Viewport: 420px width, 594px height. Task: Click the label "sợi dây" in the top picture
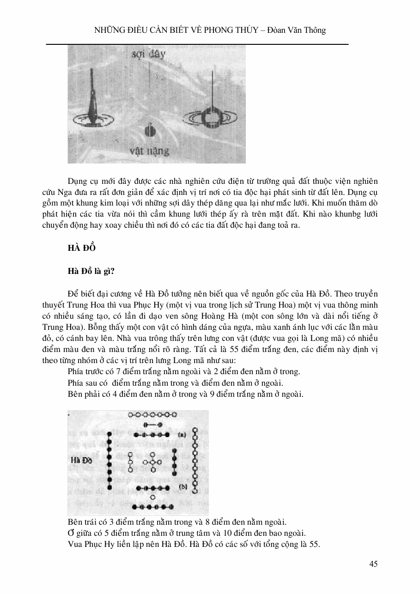pyautogui.click(x=149, y=54)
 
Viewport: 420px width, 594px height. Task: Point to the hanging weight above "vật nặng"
pyautogui.click(x=148, y=131)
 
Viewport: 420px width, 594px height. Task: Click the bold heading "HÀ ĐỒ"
pyautogui.click(x=82, y=248)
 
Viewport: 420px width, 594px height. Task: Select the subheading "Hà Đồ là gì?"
pyautogui.click(x=91, y=271)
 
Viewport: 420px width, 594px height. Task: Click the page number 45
pyautogui.click(x=374, y=564)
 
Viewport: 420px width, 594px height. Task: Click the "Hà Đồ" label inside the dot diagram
pyautogui.click(x=83, y=461)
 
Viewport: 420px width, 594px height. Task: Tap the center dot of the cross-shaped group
pyautogui.click(x=152, y=462)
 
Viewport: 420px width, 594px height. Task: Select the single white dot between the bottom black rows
pyautogui.click(x=153, y=497)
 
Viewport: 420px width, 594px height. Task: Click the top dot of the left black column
pyautogui.click(x=110, y=435)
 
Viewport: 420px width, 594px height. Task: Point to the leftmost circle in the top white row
pyautogui.click(x=131, y=415)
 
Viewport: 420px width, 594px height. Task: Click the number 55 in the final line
pyautogui.click(x=315, y=544)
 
